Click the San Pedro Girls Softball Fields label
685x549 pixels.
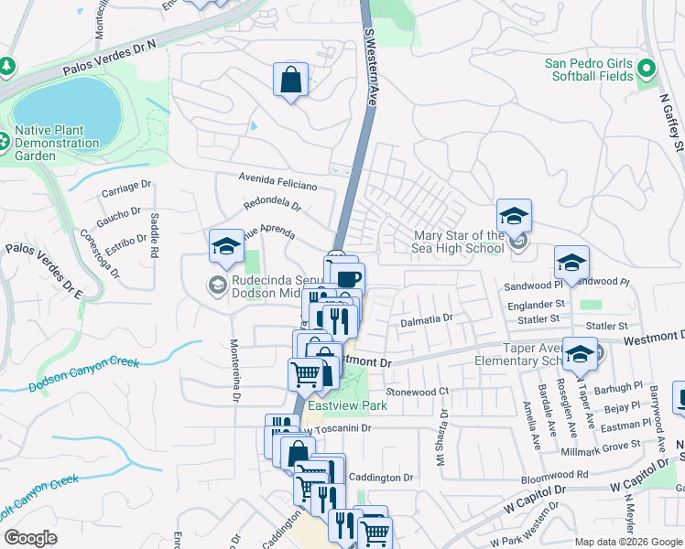589,70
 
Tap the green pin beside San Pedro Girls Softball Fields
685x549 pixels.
646,69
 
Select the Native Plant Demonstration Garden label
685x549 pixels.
56,143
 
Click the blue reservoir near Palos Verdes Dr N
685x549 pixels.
68,109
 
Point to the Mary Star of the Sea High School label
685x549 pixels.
457,242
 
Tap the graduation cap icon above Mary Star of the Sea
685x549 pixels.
515,216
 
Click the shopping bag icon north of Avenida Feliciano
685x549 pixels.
290,79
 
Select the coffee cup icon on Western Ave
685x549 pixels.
348,279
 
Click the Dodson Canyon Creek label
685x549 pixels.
83,374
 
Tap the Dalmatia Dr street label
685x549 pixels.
427,321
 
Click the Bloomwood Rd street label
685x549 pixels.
556,475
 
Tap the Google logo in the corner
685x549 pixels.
30,538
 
